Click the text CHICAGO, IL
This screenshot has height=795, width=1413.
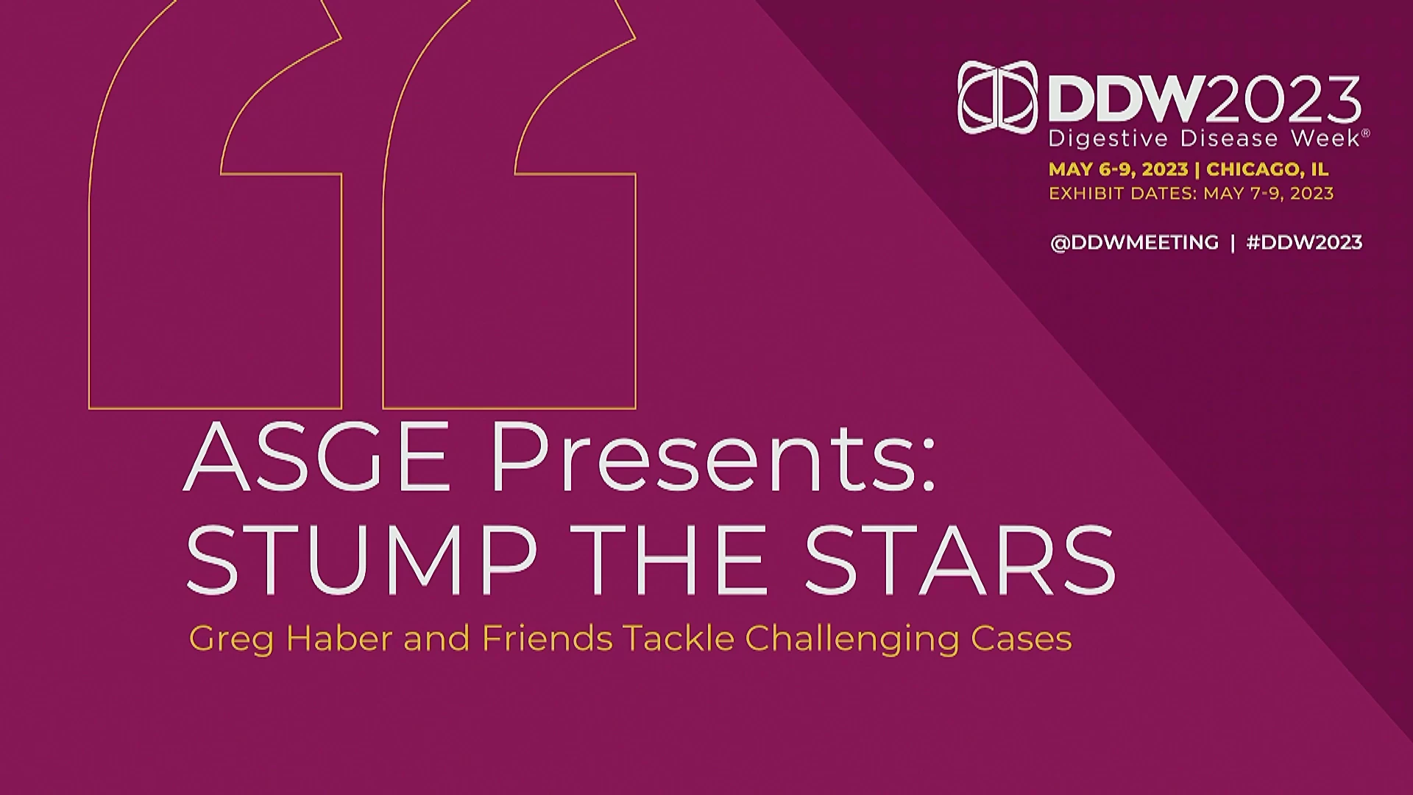coord(1267,169)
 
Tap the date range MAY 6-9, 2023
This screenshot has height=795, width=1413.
coord(1118,169)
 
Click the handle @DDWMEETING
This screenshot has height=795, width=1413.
coord(1134,242)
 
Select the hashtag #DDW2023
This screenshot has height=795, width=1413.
coord(1304,242)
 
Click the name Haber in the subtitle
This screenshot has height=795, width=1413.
coord(338,637)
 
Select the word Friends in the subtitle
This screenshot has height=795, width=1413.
coord(547,637)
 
